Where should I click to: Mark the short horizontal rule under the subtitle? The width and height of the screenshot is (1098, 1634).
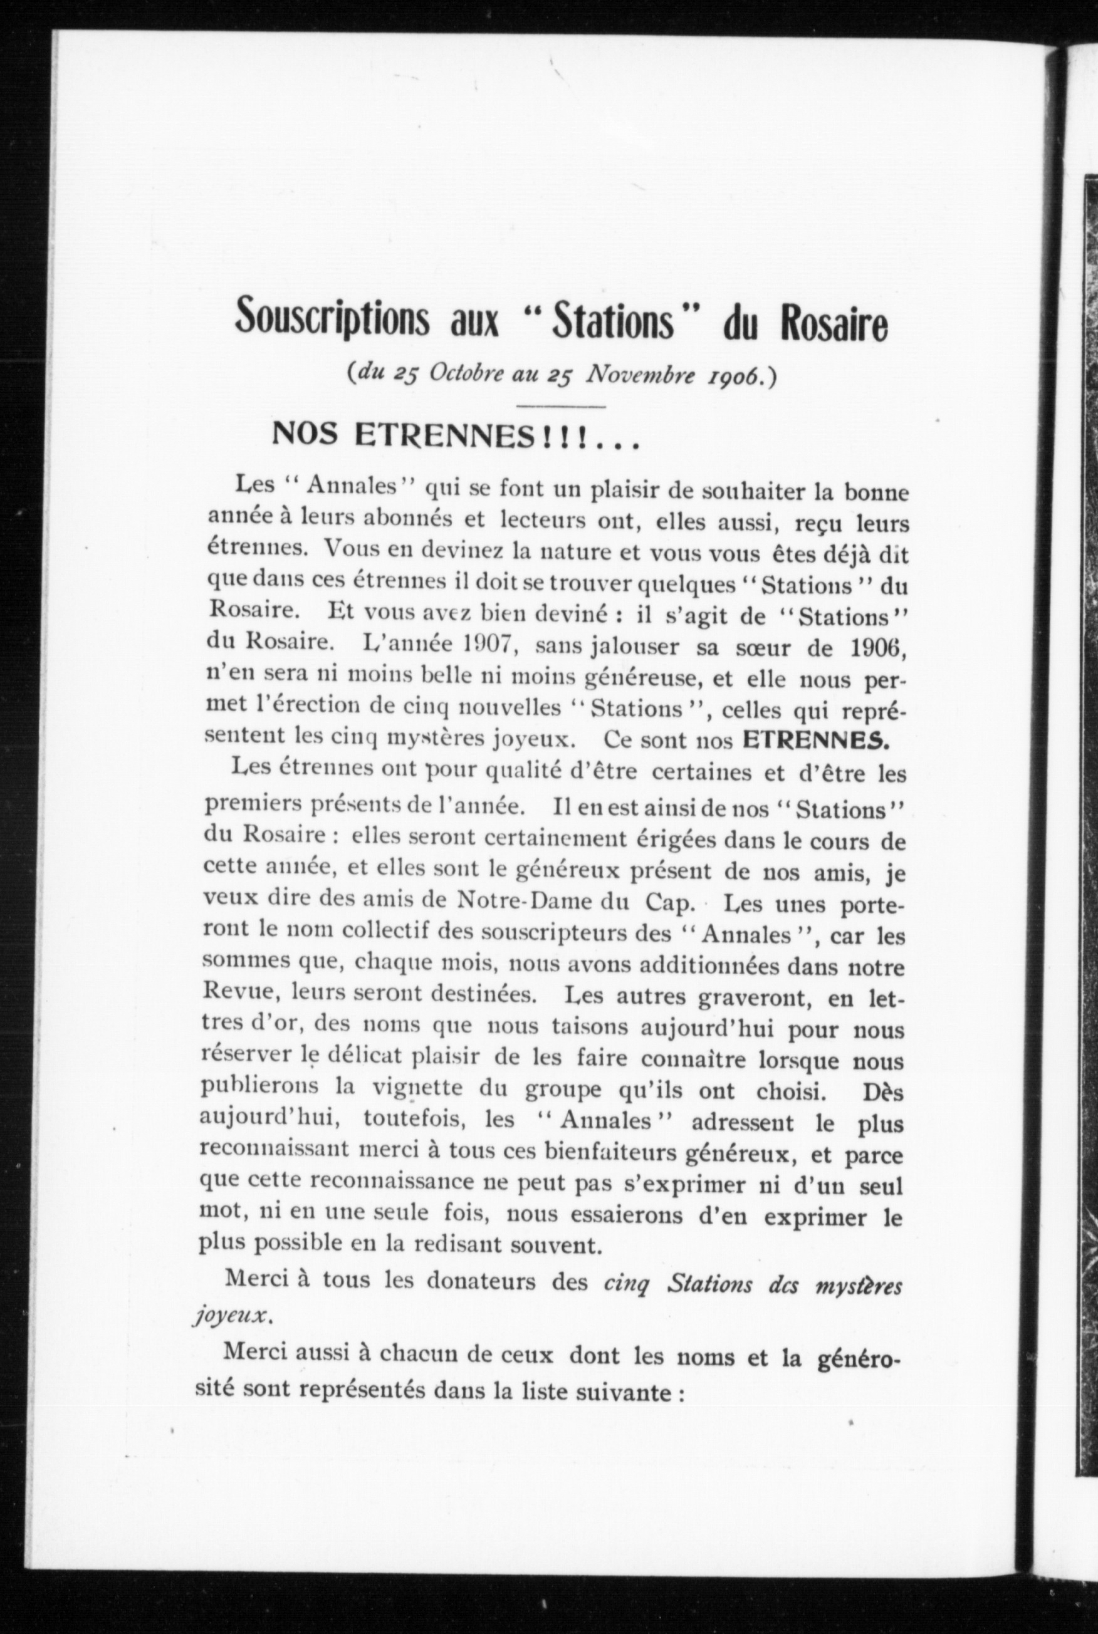pos(560,406)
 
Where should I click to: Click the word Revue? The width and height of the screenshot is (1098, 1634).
pos(236,994)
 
